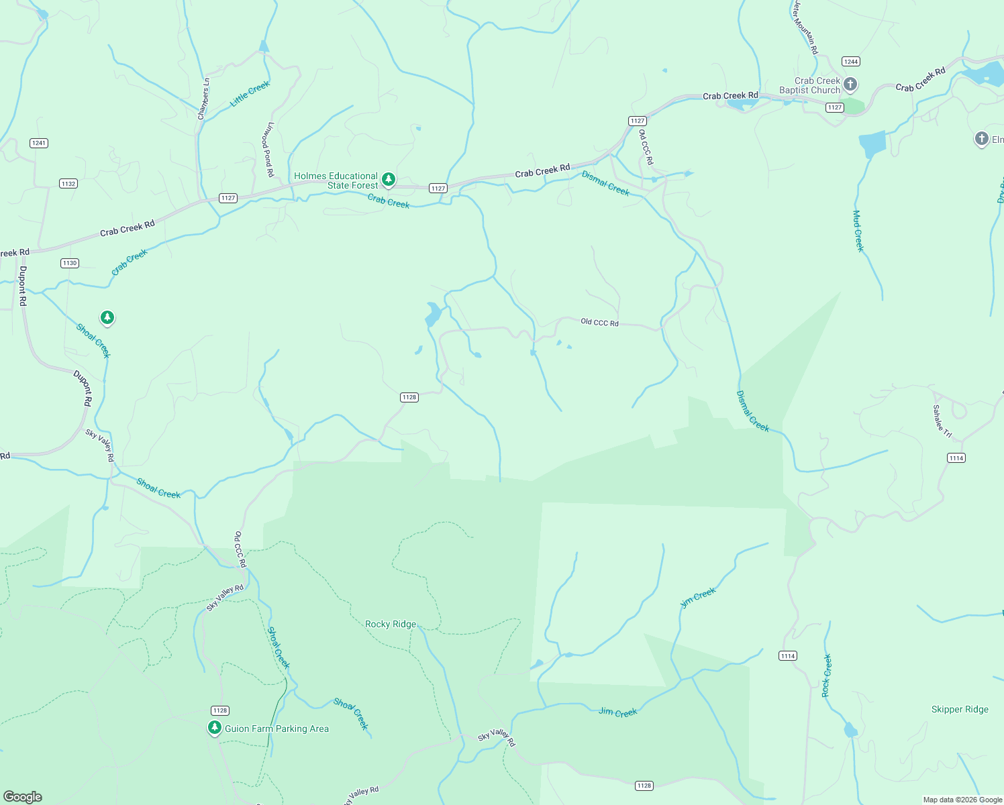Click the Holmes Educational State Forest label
pos(336,180)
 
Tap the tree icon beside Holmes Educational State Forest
pos(388,179)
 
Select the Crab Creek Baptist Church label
pos(810,85)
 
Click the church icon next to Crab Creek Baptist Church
pos(850,84)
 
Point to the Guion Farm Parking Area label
pos(277,729)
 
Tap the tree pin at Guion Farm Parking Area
pos(215,727)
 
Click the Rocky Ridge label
pos(391,624)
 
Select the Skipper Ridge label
pos(960,709)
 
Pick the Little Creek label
pos(250,94)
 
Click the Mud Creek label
pos(858,231)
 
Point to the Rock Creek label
pos(827,675)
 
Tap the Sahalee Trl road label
pos(942,421)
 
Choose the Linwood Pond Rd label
pos(268,149)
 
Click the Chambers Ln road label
pos(203,99)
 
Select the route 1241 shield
pos(39,143)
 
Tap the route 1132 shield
pos(68,183)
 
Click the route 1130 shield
pos(70,263)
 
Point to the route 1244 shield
pos(851,61)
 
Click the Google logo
pos(23,796)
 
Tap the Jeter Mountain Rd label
pos(805,27)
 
